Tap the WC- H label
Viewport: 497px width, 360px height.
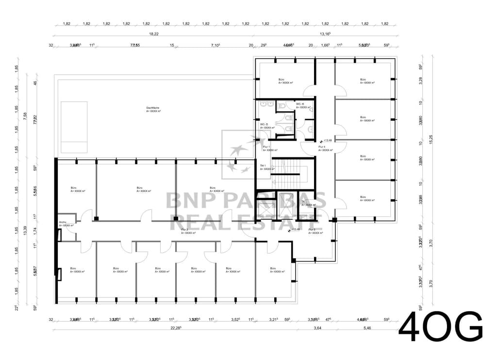click(300, 104)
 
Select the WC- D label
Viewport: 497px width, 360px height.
click(264, 124)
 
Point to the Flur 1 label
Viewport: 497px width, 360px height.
click(266, 147)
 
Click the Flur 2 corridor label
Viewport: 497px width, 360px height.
click(184, 229)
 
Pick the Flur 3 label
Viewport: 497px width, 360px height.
click(312, 229)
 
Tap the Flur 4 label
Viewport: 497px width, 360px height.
click(321, 147)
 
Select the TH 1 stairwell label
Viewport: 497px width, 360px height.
click(263, 166)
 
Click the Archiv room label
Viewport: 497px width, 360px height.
click(62, 222)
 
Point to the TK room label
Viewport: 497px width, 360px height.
click(303, 201)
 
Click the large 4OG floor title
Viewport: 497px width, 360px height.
click(440, 327)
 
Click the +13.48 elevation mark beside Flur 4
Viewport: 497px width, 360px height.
click(327, 140)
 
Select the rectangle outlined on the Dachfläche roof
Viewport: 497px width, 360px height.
click(74, 127)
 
